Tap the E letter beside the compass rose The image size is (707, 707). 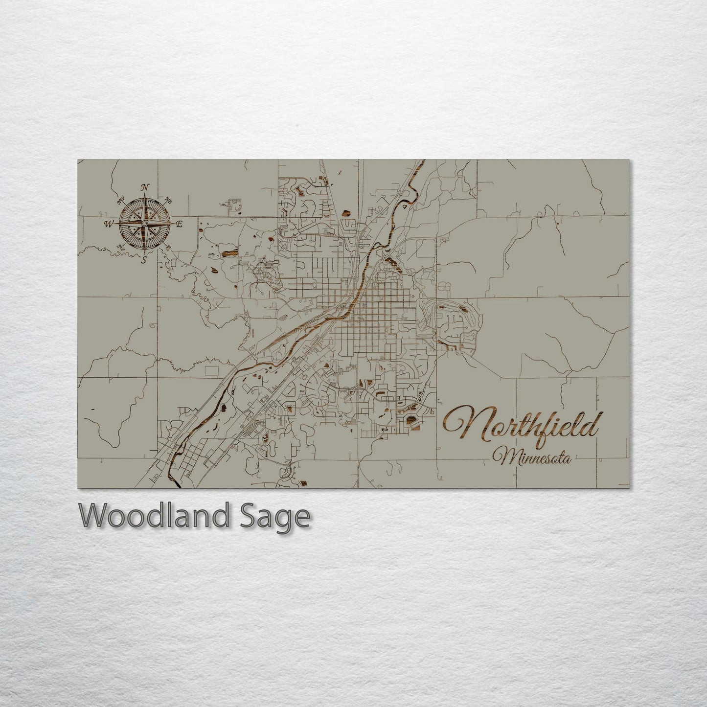179,224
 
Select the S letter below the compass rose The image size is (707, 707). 144,260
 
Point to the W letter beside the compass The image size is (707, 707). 107,224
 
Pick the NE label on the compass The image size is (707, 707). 169,200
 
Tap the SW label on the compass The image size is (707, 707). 119,248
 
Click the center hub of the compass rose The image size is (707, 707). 144,224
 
